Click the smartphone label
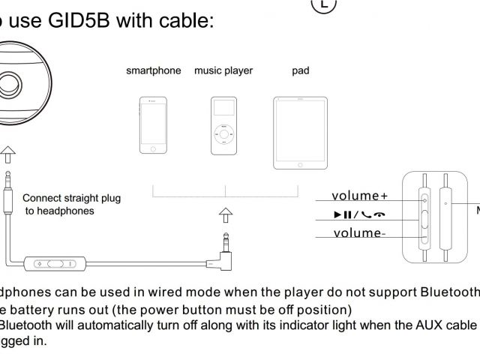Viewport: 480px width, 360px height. pos(153,71)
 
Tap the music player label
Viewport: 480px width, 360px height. pos(223,71)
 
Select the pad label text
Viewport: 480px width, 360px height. pos(300,71)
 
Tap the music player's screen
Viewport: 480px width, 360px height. pos(223,112)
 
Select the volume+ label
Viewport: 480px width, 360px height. pos(361,196)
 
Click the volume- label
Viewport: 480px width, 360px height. pos(358,232)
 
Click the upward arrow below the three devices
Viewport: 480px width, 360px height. pos(226,217)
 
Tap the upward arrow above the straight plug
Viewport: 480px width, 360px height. pos(6,155)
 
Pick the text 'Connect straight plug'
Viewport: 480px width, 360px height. pos(71,199)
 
